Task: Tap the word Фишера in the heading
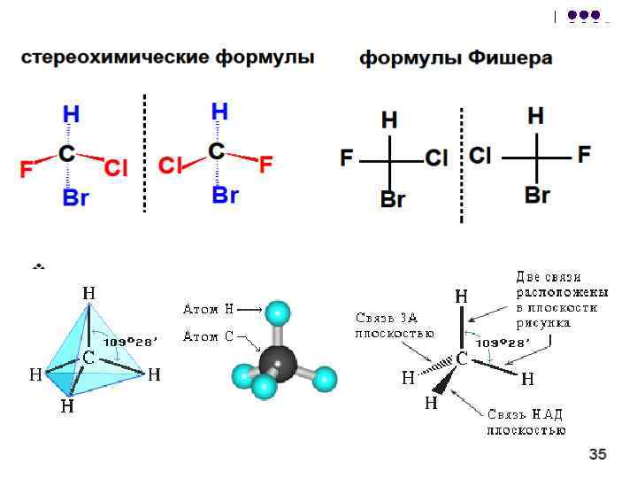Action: coord(510,58)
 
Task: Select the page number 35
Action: coord(597,454)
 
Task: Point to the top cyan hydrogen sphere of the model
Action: coord(278,313)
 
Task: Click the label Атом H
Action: coord(209,309)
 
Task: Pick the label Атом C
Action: coord(209,336)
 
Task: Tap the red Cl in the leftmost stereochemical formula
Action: coord(116,167)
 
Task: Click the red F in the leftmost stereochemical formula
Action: coord(27,169)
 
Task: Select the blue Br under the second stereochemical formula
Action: coord(225,195)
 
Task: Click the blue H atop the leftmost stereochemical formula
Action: coord(71,114)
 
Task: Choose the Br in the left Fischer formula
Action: coord(393,199)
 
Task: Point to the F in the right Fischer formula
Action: coord(584,154)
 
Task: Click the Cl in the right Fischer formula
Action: coord(480,155)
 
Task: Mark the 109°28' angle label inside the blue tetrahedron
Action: coord(129,343)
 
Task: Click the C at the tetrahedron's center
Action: coord(88,358)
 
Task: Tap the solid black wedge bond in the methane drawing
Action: coord(445,380)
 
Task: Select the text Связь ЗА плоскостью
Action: coord(394,326)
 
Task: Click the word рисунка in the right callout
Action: coord(543,324)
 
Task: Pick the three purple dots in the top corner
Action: coord(584,15)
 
